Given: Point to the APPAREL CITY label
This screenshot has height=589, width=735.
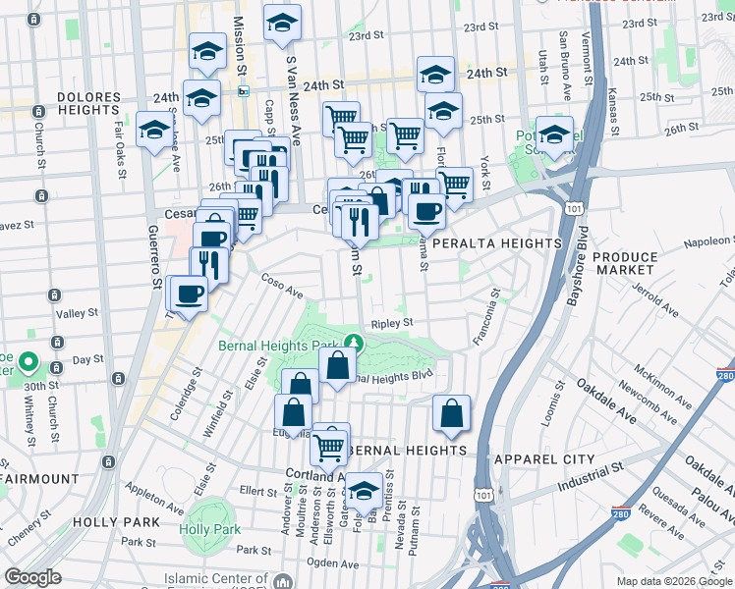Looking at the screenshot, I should pos(544,459).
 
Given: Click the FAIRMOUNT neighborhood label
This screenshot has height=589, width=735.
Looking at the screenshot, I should pos(39,479).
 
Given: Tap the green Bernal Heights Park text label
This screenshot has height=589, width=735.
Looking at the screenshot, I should pos(283,347).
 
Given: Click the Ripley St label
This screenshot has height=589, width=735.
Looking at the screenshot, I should pos(391,321).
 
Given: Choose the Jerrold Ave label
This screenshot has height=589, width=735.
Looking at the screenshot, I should pos(655,300).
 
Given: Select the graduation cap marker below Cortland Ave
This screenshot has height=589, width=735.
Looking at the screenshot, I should pos(364,489).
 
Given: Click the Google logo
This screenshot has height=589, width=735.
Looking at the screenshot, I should pos(33,577).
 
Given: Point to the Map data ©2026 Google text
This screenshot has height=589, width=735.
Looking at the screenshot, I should pos(666,580).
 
